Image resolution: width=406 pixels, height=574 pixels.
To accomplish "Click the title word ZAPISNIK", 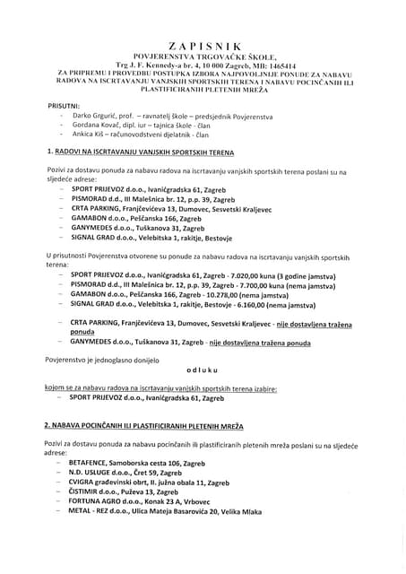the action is click(203, 44).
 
